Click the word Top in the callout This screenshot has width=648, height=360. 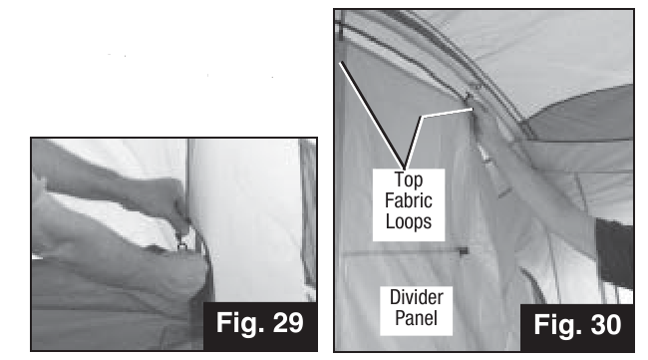pyautogui.click(x=409, y=180)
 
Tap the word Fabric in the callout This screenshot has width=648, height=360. pyautogui.click(x=409, y=200)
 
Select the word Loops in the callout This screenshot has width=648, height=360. pyautogui.click(x=409, y=221)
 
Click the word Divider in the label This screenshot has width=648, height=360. pyautogui.click(x=416, y=297)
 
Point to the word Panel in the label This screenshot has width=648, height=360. pyautogui.click(x=416, y=318)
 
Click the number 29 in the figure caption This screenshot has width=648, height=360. pyautogui.click(x=288, y=323)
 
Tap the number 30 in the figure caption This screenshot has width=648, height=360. pyautogui.click(x=606, y=325)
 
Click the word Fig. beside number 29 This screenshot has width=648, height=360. pyautogui.click(x=239, y=324)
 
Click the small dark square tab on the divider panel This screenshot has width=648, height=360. pyautogui.click(x=464, y=251)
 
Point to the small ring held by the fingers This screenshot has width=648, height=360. pyautogui.click(x=182, y=245)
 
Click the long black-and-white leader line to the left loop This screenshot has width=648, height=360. pyautogui.click(x=372, y=116)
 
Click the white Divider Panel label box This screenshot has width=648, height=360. pyautogui.click(x=416, y=311)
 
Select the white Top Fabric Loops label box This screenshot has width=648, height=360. pyautogui.click(x=409, y=205)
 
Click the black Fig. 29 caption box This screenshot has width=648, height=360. pyautogui.click(x=260, y=326)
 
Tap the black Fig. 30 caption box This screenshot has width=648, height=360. pyautogui.click(x=577, y=328)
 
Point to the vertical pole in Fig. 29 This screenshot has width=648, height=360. pyautogui.click(x=188, y=181)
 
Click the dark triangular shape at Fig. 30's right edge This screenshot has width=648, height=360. pyautogui.click(x=615, y=252)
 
